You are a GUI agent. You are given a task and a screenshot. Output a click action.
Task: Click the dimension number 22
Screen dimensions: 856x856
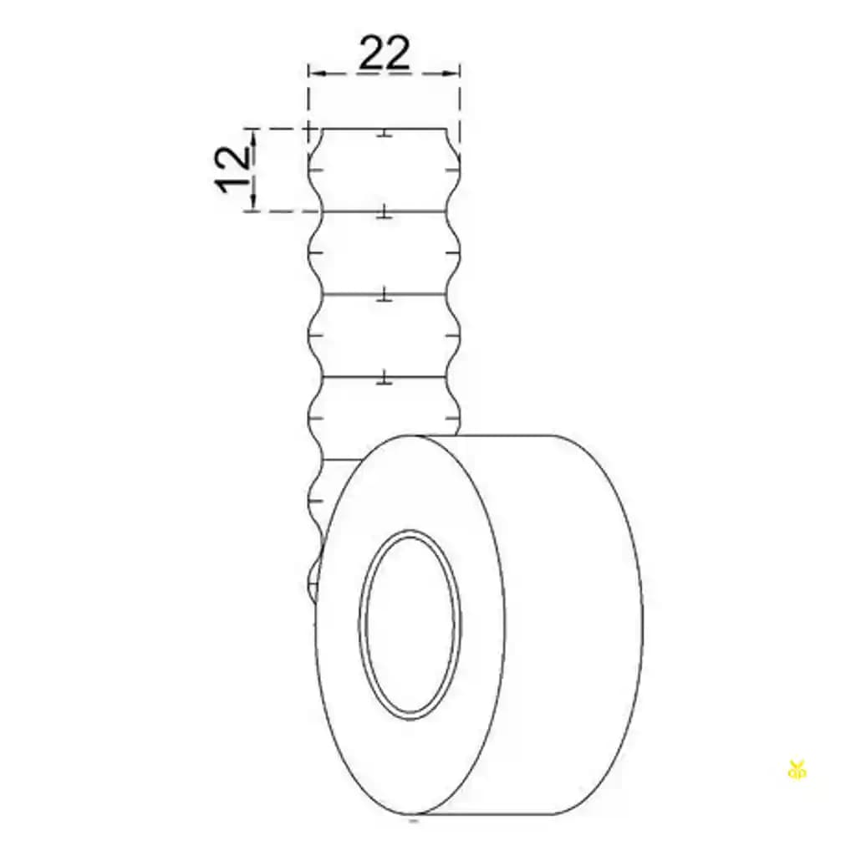(x=384, y=53)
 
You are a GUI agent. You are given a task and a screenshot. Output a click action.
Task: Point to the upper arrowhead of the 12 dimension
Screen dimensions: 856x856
(x=252, y=139)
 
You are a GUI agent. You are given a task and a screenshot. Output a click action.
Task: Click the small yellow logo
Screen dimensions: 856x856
(x=797, y=769)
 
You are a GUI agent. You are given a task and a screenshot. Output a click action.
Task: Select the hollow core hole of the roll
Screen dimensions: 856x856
(x=410, y=624)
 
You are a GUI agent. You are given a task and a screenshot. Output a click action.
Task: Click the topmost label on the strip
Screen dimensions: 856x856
(x=385, y=170)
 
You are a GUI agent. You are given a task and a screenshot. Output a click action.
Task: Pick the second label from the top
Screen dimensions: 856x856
(x=385, y=252)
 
